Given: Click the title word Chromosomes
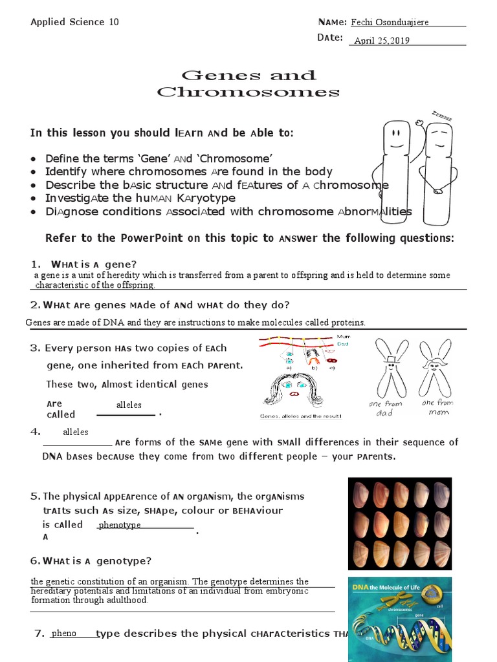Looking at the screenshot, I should (x=249, y=92).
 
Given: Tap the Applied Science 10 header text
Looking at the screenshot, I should (x=75, y=22).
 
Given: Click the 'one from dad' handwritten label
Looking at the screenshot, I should (x=385, y=408).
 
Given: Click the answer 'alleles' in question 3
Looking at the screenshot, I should (x=129, y=405).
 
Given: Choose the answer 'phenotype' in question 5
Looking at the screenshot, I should (x=120, y=525).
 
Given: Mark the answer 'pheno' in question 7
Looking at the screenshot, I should (x=64, y=633).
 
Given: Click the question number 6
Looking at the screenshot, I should (x=35, y=561).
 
